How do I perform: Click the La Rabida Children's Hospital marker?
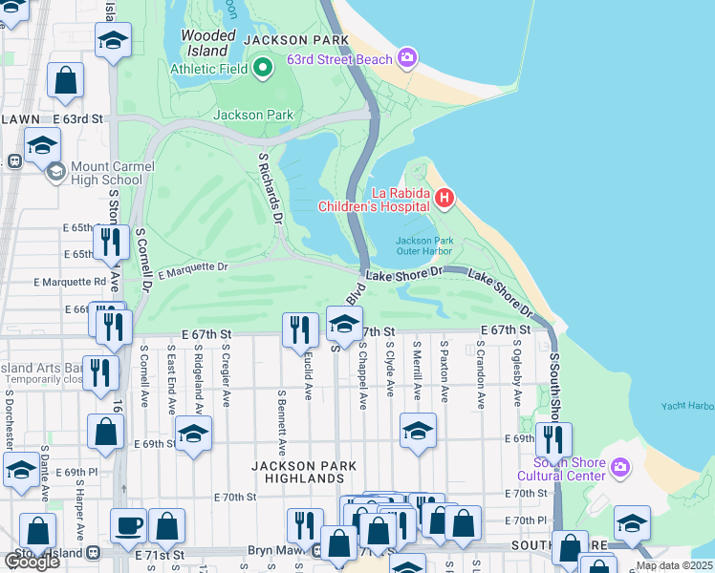(x=444, y=198)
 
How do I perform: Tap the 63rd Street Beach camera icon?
(x=408, y=59)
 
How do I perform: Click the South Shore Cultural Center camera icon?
(x=619, y=467)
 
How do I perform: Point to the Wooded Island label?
(x=208, y=42)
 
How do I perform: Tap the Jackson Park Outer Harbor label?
(x=422, y=246)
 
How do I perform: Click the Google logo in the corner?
(x=32, y=561)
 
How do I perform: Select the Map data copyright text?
(x=674, y=565)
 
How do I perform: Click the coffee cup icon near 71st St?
(x=128, y=524)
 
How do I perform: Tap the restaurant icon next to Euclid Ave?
(x=300, y=330)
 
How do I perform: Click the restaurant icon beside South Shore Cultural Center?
(x=553, y=439)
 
